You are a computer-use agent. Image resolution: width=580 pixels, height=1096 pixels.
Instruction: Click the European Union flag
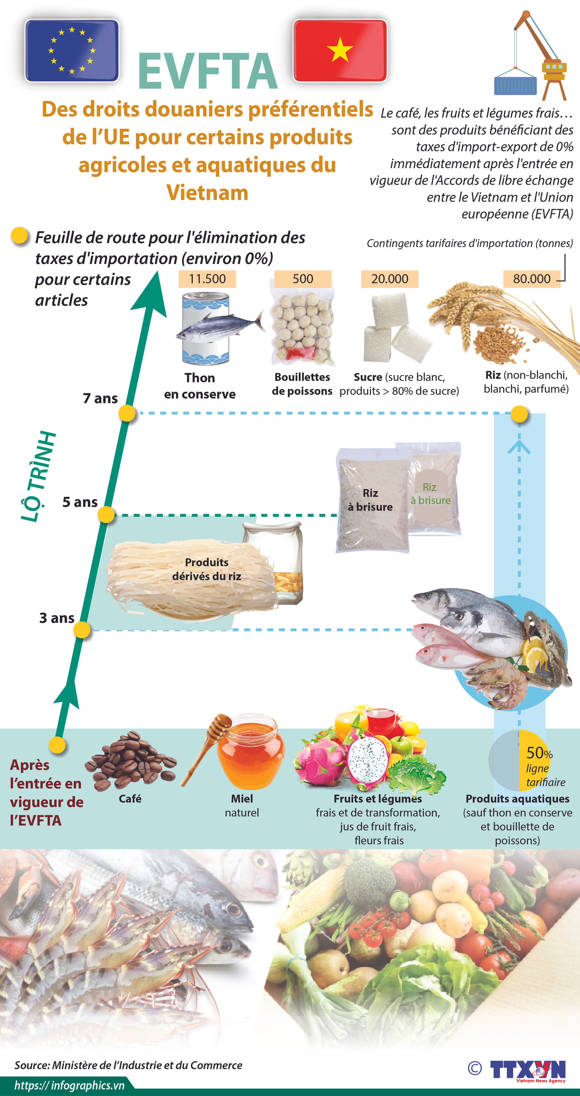tap(72, 50)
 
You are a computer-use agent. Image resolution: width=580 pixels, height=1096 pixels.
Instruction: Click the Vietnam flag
tap(340, 50)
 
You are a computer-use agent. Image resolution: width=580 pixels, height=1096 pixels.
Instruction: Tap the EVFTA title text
tap(208, 72)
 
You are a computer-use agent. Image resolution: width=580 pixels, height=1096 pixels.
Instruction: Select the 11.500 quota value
tap(207, 279)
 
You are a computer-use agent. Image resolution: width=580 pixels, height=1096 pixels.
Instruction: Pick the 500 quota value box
tap(302, 279)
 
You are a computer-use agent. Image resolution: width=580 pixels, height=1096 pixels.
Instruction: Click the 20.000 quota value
tap(389, 279)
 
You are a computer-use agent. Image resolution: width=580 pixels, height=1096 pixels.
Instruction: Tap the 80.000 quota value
tap(531, 279)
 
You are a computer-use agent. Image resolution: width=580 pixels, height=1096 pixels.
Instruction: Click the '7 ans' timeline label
tap(100, 398)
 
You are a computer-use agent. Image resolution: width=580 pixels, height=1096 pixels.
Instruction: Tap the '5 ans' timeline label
tap(80, 502)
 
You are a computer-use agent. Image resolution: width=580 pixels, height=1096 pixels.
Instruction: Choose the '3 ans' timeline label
tap(57, 618)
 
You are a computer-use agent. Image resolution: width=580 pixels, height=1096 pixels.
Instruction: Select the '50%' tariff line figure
tap(539, 753)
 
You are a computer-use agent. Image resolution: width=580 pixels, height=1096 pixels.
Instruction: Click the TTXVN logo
tap(527, 1070)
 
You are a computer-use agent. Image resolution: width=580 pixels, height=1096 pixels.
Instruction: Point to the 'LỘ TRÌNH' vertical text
tap(38, 476)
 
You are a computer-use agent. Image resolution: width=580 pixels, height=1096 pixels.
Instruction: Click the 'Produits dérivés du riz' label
tap(207, 569)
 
